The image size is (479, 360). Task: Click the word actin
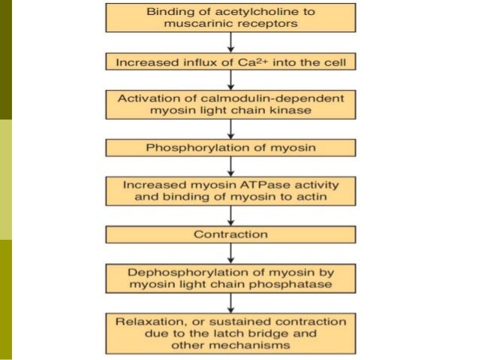tap(306, 197)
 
